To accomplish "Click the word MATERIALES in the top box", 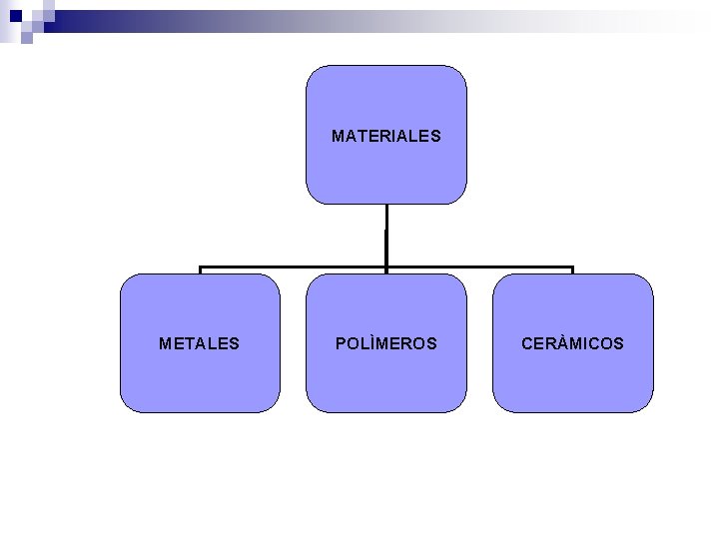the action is (x=385, y=135).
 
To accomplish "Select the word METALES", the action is (x=200, y=343).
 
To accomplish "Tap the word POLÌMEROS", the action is (x=385, y=343).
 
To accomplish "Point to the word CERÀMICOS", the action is (x=572, y=343).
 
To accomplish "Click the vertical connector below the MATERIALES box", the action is (x=385, y=235).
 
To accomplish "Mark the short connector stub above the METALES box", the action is (x=200, y=270).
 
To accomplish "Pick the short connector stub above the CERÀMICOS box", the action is (x=572, y=270).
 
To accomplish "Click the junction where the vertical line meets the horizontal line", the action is (x=385, y=268).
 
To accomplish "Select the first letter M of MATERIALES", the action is (x=338, y=135).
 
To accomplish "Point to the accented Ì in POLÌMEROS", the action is (x=364, y=343).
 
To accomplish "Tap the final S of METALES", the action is (x=235, y=343).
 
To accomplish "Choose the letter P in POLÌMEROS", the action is (x=341, y=343).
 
